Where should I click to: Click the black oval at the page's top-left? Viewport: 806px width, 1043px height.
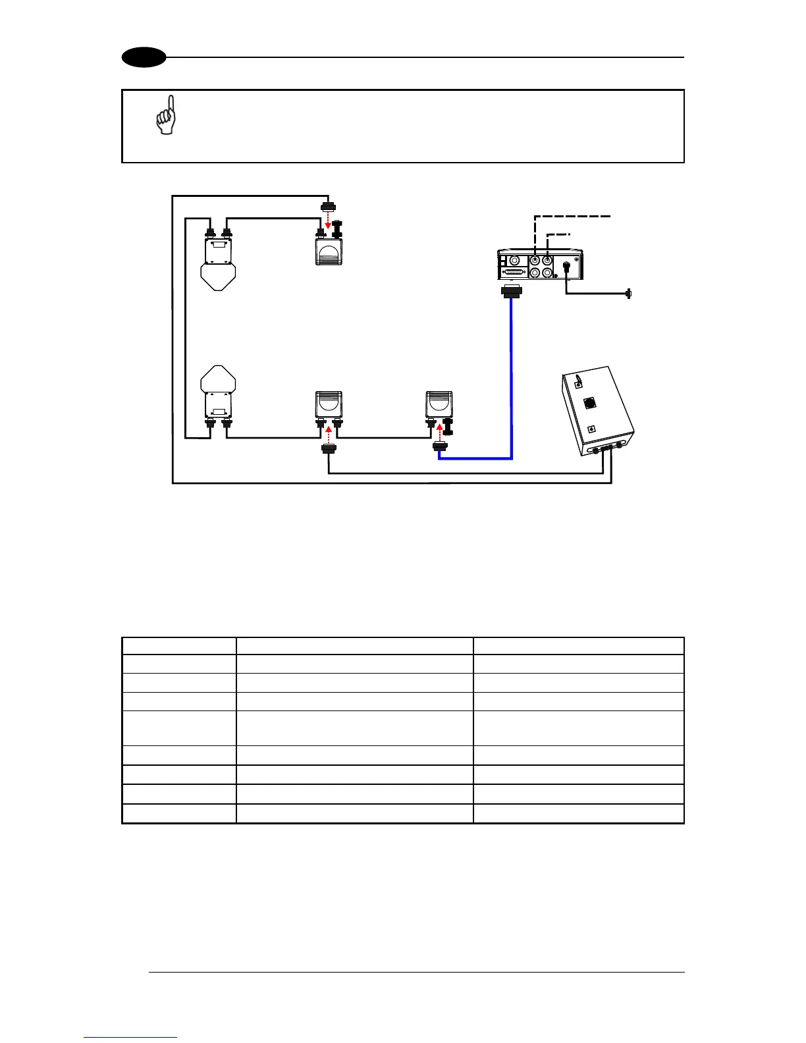pos(144,57)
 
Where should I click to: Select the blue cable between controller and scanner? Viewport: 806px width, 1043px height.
pos(511,382)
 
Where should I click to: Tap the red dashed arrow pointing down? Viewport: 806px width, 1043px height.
pos(328,221)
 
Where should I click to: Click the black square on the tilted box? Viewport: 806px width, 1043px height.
pos(589,402)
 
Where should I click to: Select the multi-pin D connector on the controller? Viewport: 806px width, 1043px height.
pos(516,273)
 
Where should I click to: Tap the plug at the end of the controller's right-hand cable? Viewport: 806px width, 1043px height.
pos(629,294)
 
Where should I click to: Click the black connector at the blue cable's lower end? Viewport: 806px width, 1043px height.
pos(439,448)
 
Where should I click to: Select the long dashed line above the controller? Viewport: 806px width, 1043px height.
pos(573,216)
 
